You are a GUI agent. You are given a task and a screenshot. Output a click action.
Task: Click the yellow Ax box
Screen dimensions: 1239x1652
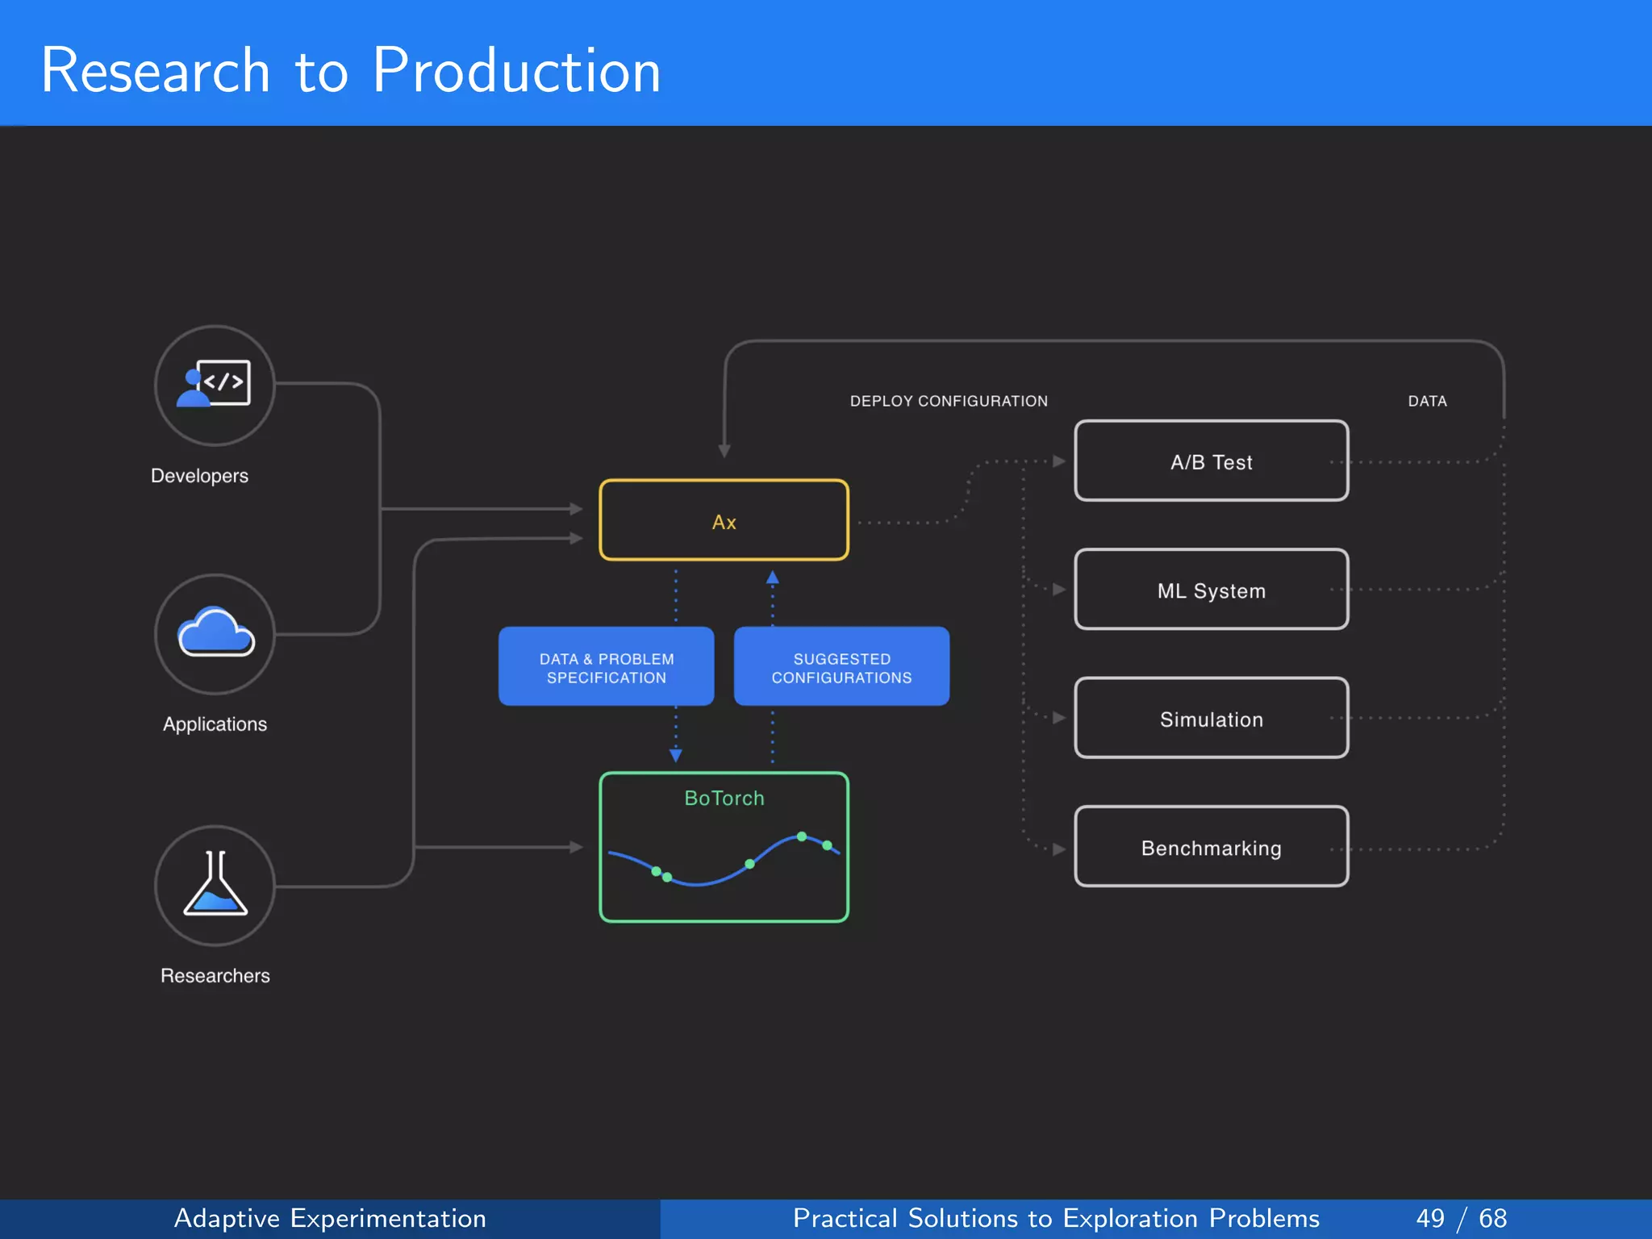click(724, 520)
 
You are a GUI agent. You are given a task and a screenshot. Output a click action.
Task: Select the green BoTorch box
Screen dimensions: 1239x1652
click(724, 847)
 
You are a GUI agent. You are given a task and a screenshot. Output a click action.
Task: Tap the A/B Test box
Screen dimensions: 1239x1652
click(1211, 461)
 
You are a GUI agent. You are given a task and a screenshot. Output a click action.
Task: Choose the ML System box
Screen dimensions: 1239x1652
click(1211, 590)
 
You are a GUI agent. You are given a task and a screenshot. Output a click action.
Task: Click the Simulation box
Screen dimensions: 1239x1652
click(1211, 718)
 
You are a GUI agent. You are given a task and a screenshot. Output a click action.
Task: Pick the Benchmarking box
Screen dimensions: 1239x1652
click(1211, 847)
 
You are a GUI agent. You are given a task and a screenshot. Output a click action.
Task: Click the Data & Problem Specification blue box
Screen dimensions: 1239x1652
click(606, 667)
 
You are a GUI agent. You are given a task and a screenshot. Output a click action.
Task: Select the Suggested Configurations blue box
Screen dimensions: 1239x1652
click(841, 667)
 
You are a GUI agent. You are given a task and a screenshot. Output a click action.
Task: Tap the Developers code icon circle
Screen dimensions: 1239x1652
click(215, 386)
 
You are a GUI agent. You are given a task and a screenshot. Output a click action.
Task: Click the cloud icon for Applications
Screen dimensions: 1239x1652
click(215, 633)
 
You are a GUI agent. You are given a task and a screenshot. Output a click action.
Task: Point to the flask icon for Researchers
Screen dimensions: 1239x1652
click(215, 885)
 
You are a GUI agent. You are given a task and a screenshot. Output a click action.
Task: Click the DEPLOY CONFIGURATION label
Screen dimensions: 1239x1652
click(949, 401)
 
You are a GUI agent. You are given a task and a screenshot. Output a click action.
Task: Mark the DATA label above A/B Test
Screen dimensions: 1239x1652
click(1427, 401)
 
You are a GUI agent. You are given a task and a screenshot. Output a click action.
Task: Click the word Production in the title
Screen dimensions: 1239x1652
click(516, 71)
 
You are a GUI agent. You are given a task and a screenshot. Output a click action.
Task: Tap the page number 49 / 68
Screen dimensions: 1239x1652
click(1461, 1218)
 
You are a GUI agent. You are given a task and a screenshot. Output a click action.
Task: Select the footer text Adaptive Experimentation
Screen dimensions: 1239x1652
click(330, 1218)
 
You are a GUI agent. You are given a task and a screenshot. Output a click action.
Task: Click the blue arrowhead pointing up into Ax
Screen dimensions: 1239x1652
click(772, 578)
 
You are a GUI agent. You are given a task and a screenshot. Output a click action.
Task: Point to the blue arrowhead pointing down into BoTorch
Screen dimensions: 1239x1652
click(676, 755)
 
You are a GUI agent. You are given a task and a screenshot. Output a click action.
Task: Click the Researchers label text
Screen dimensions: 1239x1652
click(215, 975)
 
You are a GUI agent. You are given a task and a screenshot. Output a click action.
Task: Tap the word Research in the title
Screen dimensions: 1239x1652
click(155, 71)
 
